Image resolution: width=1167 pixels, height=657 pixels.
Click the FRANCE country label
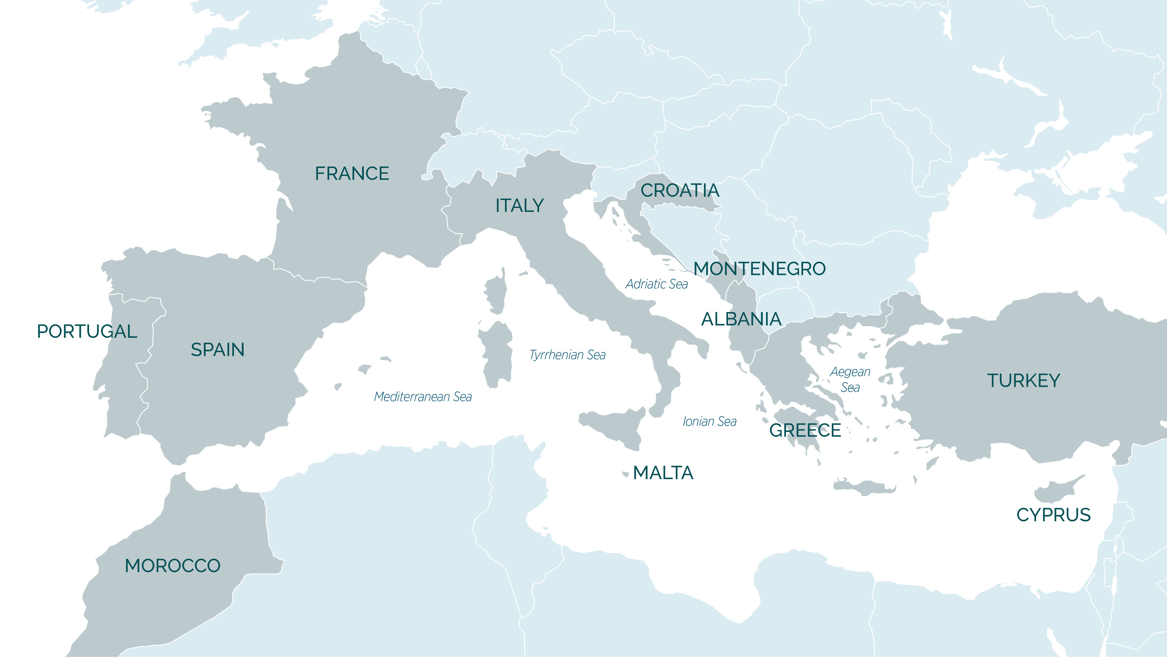coord(352,174)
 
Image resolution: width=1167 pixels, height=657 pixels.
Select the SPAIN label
coord(217,350)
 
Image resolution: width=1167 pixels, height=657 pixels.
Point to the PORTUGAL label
coord(87,332)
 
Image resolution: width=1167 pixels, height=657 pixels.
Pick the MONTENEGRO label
coord(760,269)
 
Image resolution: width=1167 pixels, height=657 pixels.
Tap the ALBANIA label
coord(741,320)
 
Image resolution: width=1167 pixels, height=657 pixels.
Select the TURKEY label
coord(1023,380)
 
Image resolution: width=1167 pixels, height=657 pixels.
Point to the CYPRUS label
coord(1053,515)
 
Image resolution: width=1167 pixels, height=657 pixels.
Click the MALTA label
coord(663,473)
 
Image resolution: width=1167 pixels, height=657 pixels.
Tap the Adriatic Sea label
coord(657,284)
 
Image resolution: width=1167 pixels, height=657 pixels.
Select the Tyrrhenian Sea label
coord(567,355)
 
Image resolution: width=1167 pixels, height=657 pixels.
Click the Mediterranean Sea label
coord(423,397)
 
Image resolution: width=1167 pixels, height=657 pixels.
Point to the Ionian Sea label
coord(709,422)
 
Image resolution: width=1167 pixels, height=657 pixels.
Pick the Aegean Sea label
coord(850,380)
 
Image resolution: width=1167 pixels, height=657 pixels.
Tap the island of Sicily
coord(616,426)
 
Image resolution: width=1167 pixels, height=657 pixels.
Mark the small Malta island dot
coord(626,474)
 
